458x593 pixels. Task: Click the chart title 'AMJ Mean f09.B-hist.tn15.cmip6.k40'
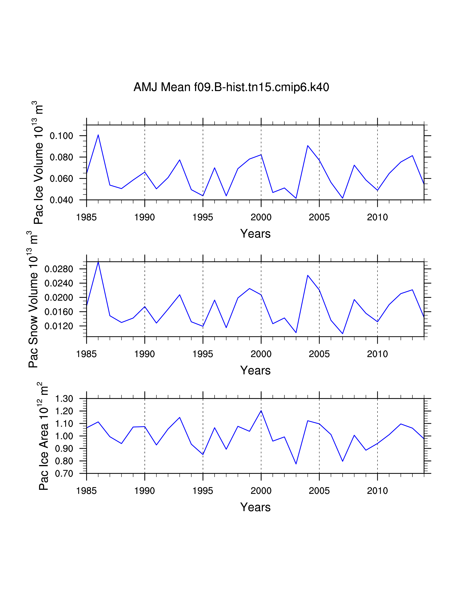pos(231,87)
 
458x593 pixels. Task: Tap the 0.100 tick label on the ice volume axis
pos(62,135)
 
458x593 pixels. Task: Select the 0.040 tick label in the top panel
pos(62,200)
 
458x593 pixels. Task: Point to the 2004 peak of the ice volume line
pos(308,146)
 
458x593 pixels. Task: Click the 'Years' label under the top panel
pos(255,233)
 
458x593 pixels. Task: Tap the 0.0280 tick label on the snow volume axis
pos(59,269)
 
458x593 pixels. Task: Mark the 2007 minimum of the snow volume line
pos(343,333)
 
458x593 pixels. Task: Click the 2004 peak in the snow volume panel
pos(308,275)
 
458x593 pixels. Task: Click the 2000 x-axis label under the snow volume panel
pos(261,354)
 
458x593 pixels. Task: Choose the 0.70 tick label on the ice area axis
pos(64,474)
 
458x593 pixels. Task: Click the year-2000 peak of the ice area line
pos(261,411)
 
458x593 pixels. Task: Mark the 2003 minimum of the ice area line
pos(296,464)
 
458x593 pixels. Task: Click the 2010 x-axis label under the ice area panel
pos(377,491)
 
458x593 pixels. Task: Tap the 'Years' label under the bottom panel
pos(255,507)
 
